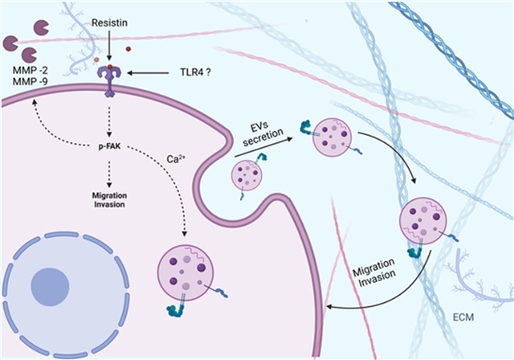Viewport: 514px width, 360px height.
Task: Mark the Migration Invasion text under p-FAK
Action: click(x=107, y=199)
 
